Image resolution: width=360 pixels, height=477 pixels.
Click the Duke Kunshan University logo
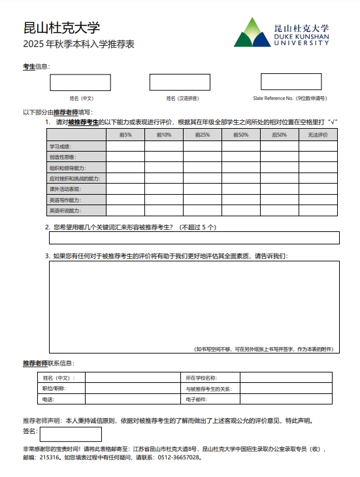click(x=282, y=33)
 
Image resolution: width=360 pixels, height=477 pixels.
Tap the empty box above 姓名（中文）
click(x=80, y=82)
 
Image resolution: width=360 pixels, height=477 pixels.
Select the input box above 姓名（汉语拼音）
click(x=180, y=82)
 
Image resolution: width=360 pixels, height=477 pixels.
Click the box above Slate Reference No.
click(x=291, y=82)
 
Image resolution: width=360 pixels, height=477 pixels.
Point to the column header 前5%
click(x=125, y=135)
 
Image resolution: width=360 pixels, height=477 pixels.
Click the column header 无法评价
click(x=318, y=135)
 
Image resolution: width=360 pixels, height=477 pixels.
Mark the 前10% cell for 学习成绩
click(x=163, y=146)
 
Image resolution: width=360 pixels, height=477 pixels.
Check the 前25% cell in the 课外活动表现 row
click(x=202, y=189)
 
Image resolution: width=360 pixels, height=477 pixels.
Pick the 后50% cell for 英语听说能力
click(x=279, y=211)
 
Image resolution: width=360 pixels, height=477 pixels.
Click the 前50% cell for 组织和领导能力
click(x=240, y=168)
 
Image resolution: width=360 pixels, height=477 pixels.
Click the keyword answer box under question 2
click(x=194, y=237)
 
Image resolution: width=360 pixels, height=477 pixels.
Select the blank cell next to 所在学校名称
click(x=289, y=378)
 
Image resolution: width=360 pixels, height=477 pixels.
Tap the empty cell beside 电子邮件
click(x=289, y=399)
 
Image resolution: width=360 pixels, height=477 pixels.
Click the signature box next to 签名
click(x=70, y=434)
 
